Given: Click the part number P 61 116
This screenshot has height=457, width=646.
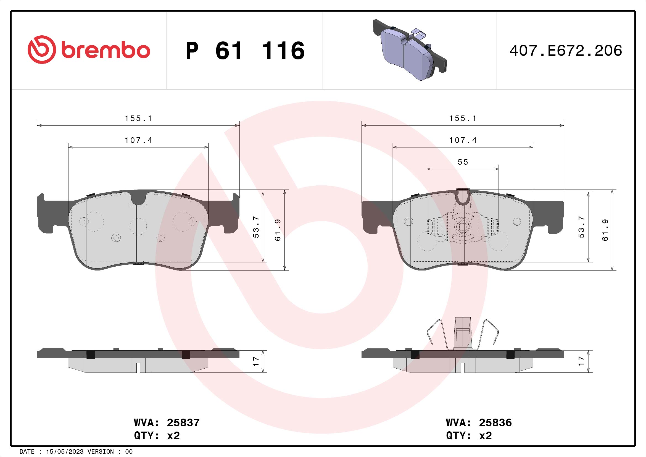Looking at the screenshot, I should tap(245, 51).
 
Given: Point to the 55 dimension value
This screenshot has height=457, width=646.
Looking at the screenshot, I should tap(463, 162).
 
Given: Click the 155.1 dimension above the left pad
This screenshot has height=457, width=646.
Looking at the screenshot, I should tap(138, 119).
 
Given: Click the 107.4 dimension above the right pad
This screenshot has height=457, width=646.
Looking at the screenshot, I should tap(463, 140).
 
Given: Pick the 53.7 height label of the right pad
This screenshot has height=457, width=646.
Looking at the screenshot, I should tap(581, 227).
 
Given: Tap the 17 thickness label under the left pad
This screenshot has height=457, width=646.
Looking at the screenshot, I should tap(256, 361).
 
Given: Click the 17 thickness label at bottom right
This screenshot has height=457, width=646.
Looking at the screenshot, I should tap(581, 361).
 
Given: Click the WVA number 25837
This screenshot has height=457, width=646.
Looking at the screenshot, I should tap(183, 423).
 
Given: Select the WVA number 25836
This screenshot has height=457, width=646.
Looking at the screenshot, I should tap(495, 423).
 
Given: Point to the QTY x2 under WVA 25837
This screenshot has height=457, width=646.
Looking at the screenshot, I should tap(157, 436).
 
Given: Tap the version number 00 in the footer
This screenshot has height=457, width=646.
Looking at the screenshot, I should tap(129, 452).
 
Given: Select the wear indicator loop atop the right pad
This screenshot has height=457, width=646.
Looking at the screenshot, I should tap(463, 196).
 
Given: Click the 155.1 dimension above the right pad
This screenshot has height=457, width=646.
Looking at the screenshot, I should tap(463, 119).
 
